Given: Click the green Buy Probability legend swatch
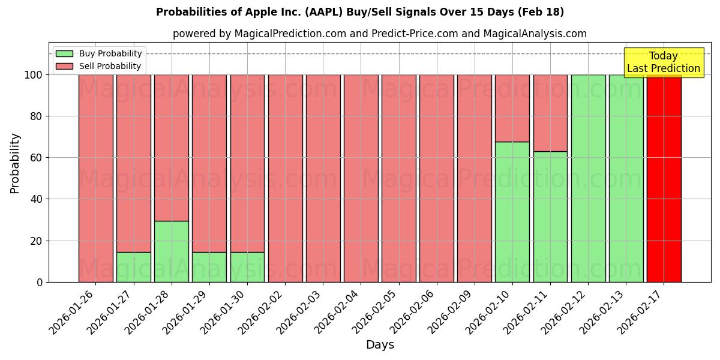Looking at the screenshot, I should (64, 54).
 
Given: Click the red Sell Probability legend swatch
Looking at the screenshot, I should (64, 67).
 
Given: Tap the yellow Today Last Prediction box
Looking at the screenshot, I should (663, 62).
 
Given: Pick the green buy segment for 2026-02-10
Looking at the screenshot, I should (512, 212).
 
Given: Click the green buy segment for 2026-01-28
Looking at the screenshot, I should (171, 251).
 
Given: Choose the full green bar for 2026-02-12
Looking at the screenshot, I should (588, 178).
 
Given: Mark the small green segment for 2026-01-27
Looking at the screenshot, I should (133, 267).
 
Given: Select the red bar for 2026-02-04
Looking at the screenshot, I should (361, 178).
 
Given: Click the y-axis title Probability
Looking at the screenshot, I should (15, 163).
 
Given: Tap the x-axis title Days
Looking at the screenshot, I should (380, 345).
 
